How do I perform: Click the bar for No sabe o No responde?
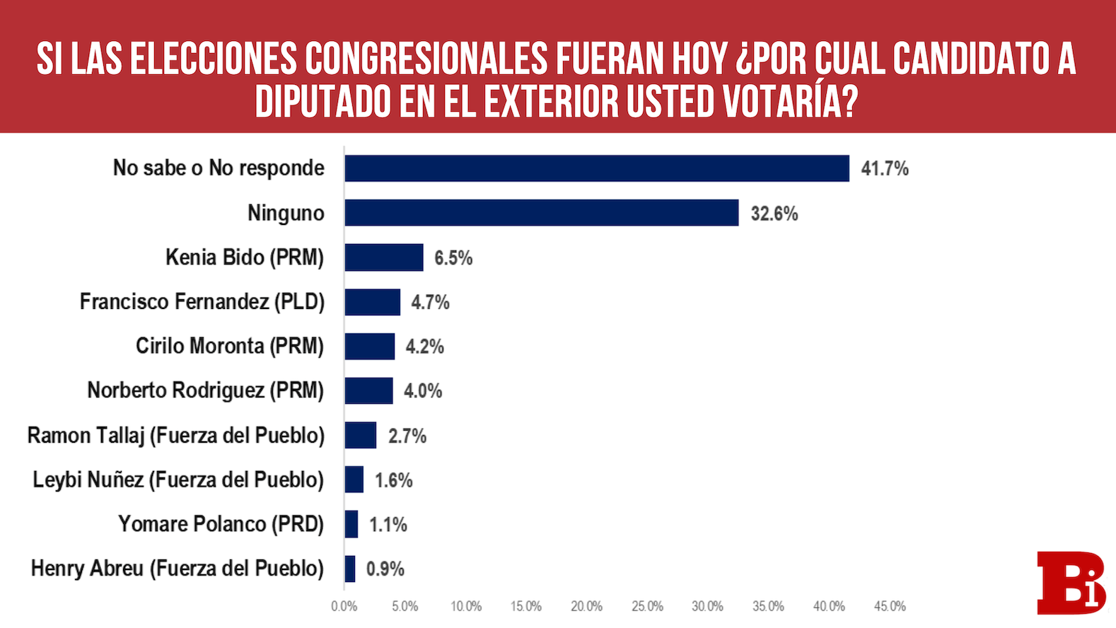click(596, 168)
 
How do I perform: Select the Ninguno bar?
click(541, 213)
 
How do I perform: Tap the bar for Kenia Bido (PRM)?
click(383, 257)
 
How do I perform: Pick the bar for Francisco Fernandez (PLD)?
click(372, 302)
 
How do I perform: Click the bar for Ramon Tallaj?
click(360, 436)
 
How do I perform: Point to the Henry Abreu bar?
click(350, 569)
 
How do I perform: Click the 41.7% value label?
click(884, 168)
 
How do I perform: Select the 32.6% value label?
click(774, 214)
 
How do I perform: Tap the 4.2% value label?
click(424, 347)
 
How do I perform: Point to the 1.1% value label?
click(388, 525)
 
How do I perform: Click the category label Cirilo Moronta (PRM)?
click(230, 346)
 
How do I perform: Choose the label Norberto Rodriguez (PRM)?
click(205, 390)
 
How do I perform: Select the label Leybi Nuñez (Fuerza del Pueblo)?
click(178, 479)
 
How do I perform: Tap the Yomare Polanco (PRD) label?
click(221, 524)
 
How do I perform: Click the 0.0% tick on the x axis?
click(344, 606)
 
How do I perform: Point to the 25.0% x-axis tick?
click(647, 606)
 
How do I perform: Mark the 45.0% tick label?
click(889, 606)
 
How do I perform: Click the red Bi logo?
click(1070, 582)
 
